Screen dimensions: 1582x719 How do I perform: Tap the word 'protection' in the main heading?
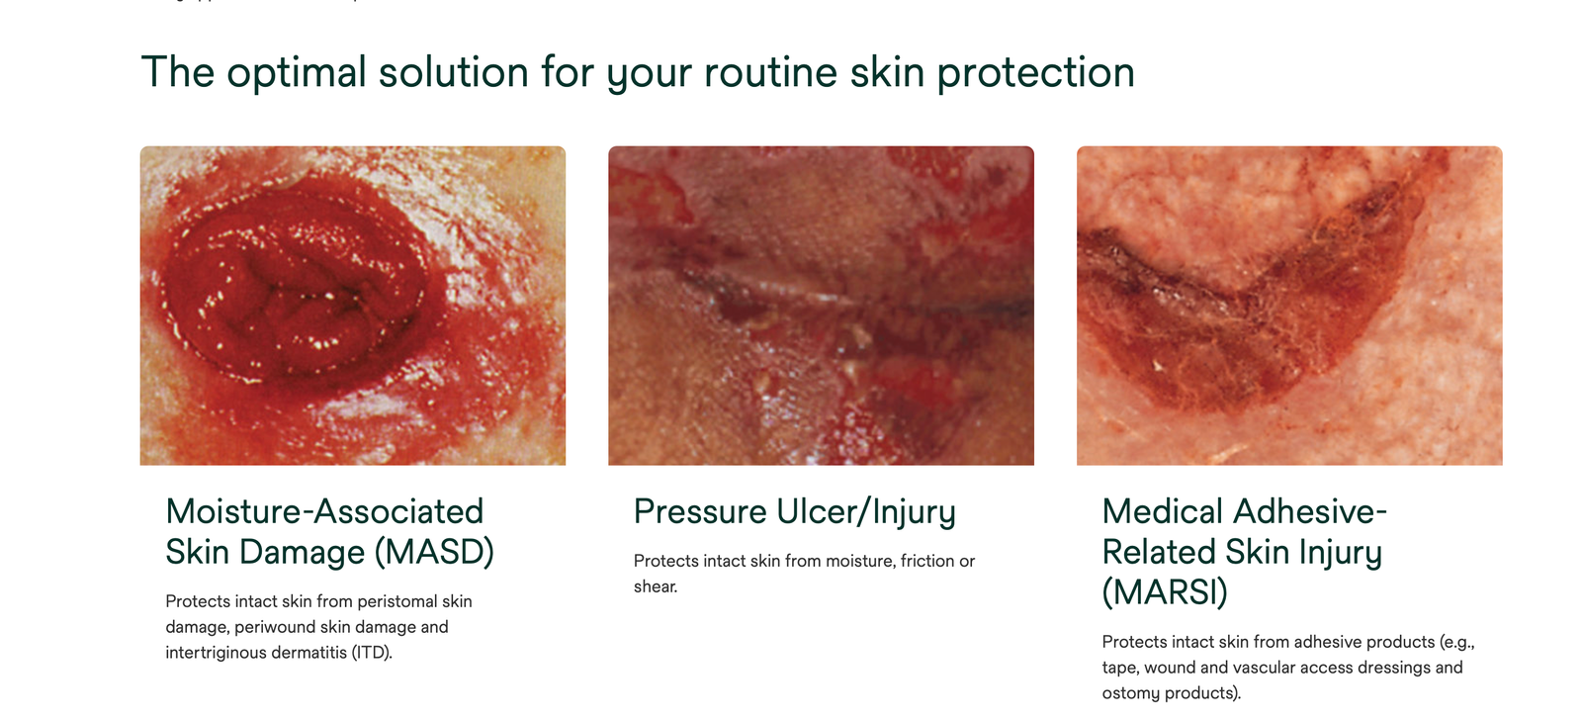[x=1036, y=73]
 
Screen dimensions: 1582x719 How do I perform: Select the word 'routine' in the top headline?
[x=770, y=72]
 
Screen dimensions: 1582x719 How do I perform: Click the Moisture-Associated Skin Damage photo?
[x=352, y=306]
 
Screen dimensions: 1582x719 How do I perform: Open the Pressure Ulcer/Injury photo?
[x=821, y=306]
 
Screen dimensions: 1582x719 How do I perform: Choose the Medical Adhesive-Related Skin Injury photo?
[x=1289, y=306]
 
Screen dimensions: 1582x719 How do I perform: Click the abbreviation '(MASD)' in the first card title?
[x=434, y=552]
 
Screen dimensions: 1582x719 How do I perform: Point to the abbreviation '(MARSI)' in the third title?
[x=1165, y=592]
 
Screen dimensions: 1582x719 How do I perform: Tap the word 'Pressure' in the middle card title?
[x=700, y=511]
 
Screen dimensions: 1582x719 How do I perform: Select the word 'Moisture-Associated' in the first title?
[x=325, y=511]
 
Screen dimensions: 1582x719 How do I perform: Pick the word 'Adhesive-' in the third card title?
[x=1310, y=511]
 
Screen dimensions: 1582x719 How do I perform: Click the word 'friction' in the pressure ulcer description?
[x=926, y=561]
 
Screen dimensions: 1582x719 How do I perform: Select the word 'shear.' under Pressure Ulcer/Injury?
[x=656, y=586]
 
